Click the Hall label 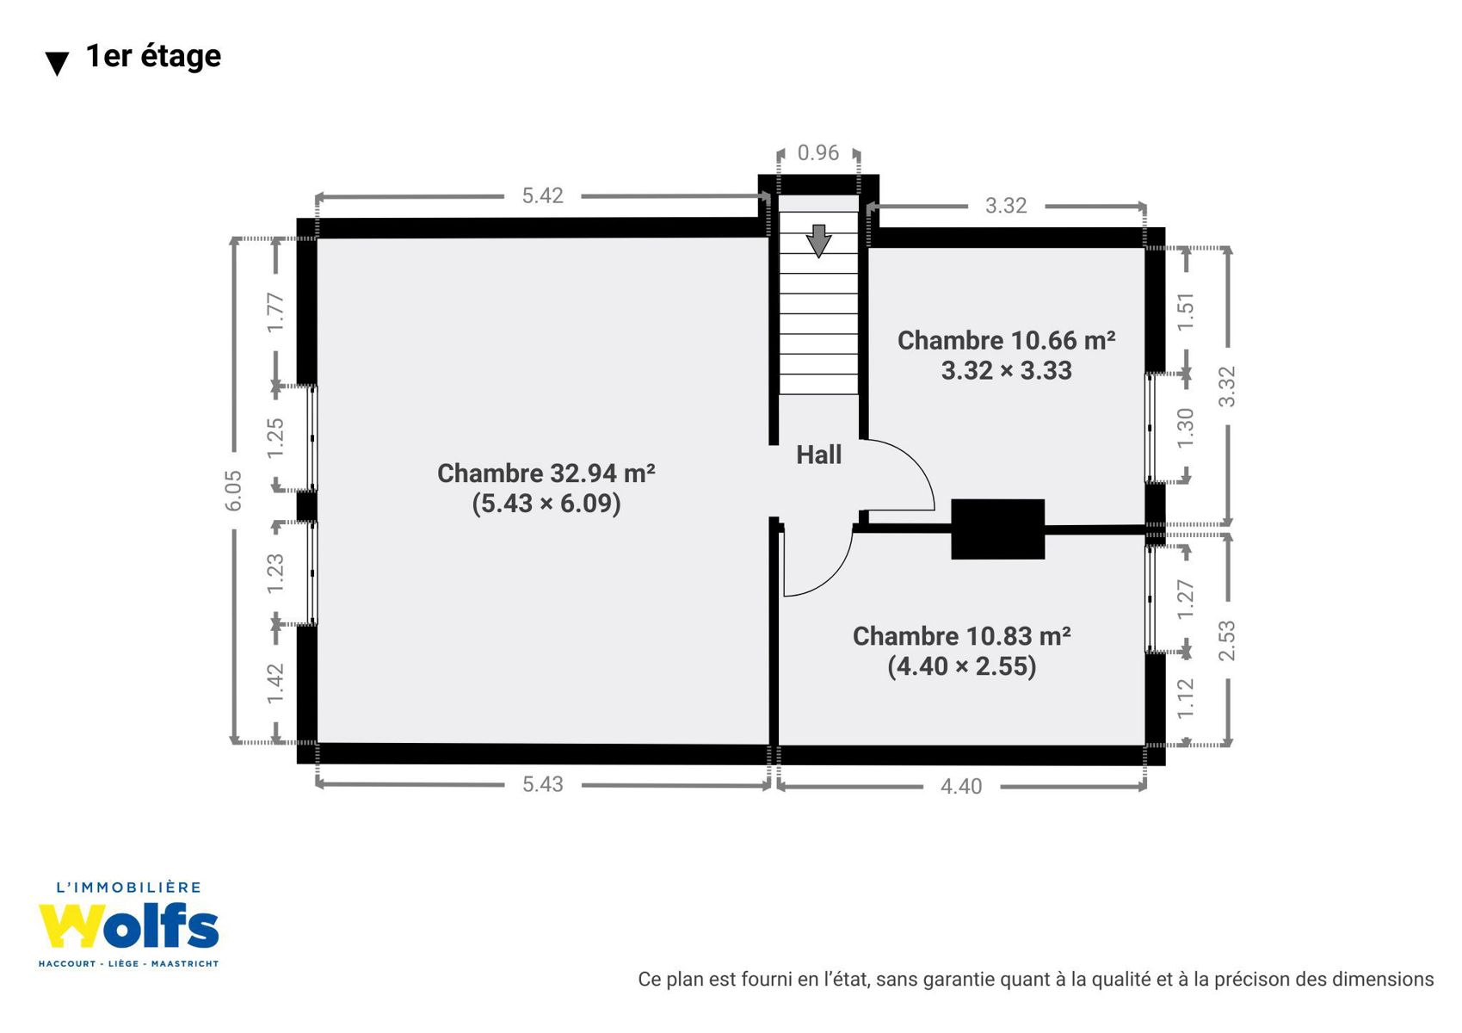point(818,455)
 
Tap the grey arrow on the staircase point(818,241)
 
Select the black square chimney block point(997,529)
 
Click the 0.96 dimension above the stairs point(817,152)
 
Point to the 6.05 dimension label point(234,491)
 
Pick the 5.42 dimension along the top point(542,196)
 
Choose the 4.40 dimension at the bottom point(960,786)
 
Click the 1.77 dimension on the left point(275,312)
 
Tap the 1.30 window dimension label point(1185,429)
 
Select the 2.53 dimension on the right point(1227,640)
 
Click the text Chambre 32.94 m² point(546,473)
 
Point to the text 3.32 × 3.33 point(1007,370)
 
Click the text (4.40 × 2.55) point(961,666)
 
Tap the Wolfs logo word point(128,926)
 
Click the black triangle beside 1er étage point(57,64)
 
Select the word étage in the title point(181,57)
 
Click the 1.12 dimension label point(1185,698)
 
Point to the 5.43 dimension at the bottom point(542,784)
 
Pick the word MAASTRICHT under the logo point(185,964)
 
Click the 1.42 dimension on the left point(275,684)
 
